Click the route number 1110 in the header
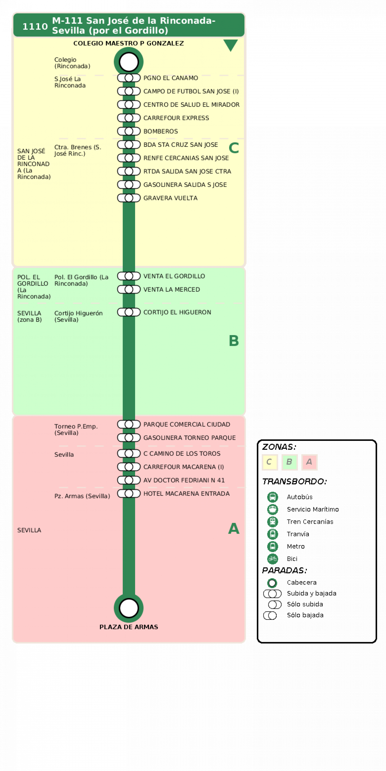click(35, 26)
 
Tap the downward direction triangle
click(230, 45)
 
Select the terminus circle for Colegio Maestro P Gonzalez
click(128, 62)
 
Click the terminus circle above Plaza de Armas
click(128, 608)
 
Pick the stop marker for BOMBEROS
click(129, 131)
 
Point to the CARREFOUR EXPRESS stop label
click(176, 118)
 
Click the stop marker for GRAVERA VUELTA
click(129, 198)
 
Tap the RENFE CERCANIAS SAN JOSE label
click(186, 158)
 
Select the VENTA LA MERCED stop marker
click(129, 289)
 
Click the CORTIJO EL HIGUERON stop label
click(177, 312)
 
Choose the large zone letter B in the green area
click(234, 341)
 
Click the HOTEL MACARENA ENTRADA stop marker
click(129, 493)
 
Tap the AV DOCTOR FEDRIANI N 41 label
click(184, 480)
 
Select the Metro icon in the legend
click(272, 546)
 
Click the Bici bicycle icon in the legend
click(272, 558)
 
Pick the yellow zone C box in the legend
click(270, 462)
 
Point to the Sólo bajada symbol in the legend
click(270, 615)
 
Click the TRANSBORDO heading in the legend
click(294, 481)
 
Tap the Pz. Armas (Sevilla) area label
click(82, 496)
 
